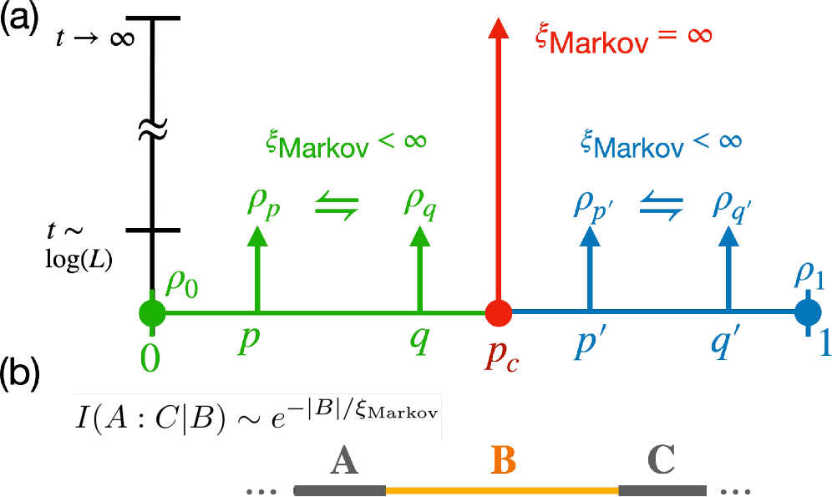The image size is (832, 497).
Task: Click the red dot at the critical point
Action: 499,312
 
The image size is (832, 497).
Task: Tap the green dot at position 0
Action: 151,313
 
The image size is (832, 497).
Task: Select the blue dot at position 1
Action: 807,312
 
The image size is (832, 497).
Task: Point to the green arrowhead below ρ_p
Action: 257,236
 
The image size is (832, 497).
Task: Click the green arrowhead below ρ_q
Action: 419,236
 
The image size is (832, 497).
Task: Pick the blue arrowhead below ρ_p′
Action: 591,236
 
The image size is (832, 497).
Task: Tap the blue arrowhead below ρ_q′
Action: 728,236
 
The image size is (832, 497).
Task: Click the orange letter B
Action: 503,459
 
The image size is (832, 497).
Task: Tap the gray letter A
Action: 344,460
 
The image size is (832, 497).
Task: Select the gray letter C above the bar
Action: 661,459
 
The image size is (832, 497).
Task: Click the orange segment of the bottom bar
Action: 501,490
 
